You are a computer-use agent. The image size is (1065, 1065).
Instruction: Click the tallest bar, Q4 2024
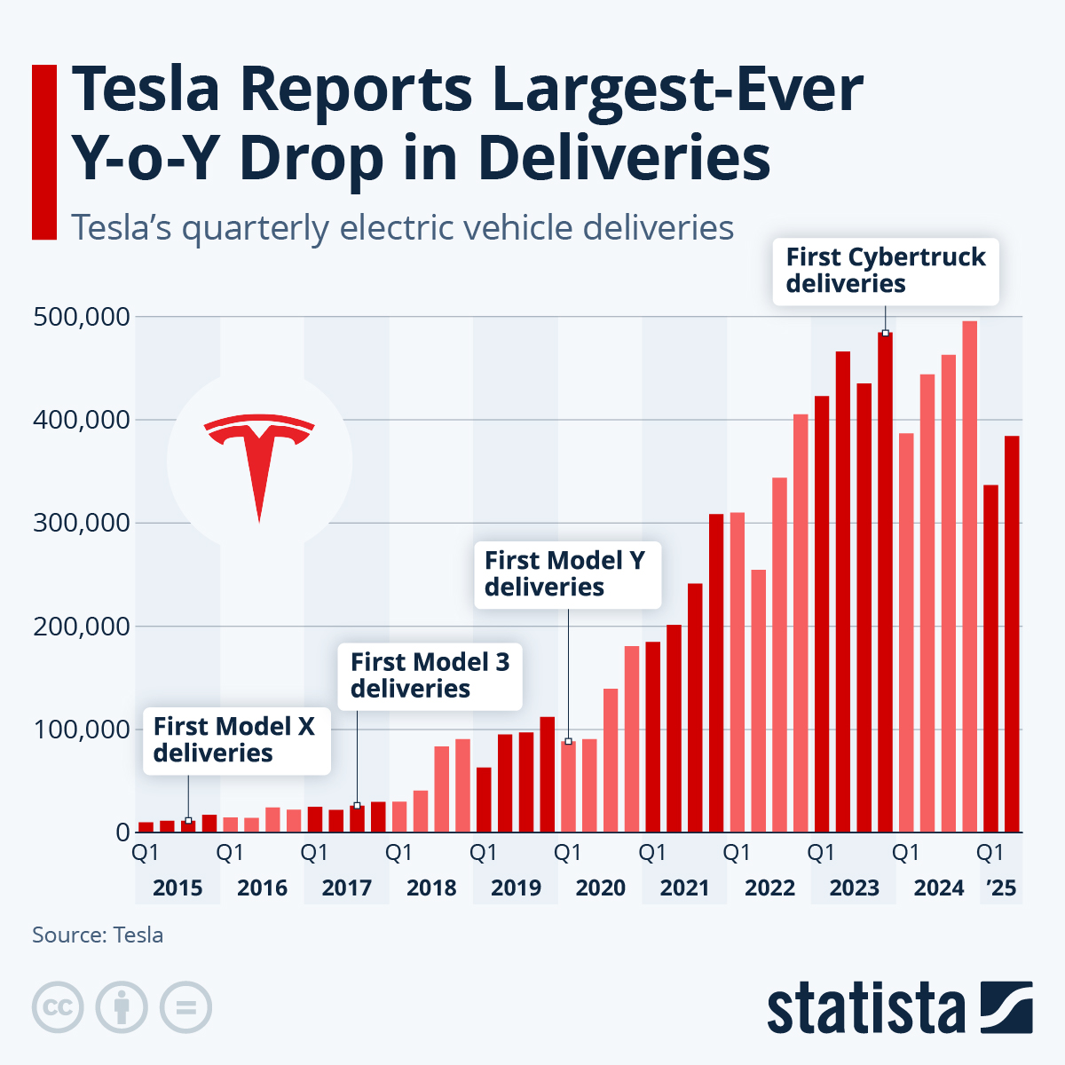pos(970,577)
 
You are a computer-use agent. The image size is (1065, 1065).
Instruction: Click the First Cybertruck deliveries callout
pos(885,271)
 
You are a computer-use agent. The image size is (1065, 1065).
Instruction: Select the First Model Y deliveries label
pos(565,574)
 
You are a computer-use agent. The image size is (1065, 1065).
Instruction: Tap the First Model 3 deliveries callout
pos(430,675)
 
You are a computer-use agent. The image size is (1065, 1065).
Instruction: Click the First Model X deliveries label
pos(234,740)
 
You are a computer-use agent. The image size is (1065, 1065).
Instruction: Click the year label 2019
pos(516,887)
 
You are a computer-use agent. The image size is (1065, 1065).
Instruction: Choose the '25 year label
pos(1001,887)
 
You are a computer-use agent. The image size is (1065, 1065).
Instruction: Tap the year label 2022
pos(769,887)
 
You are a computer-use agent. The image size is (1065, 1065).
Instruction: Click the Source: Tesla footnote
pos(98,935)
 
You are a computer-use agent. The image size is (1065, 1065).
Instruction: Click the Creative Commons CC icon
pos(58,1008)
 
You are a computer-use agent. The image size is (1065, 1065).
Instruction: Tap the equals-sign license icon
pos(185,1008)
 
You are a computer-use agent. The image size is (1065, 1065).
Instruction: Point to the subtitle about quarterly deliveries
pos(402,228)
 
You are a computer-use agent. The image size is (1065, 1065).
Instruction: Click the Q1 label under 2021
pos(652,853)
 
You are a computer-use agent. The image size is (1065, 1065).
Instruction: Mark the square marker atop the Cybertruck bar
pos(885,334)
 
